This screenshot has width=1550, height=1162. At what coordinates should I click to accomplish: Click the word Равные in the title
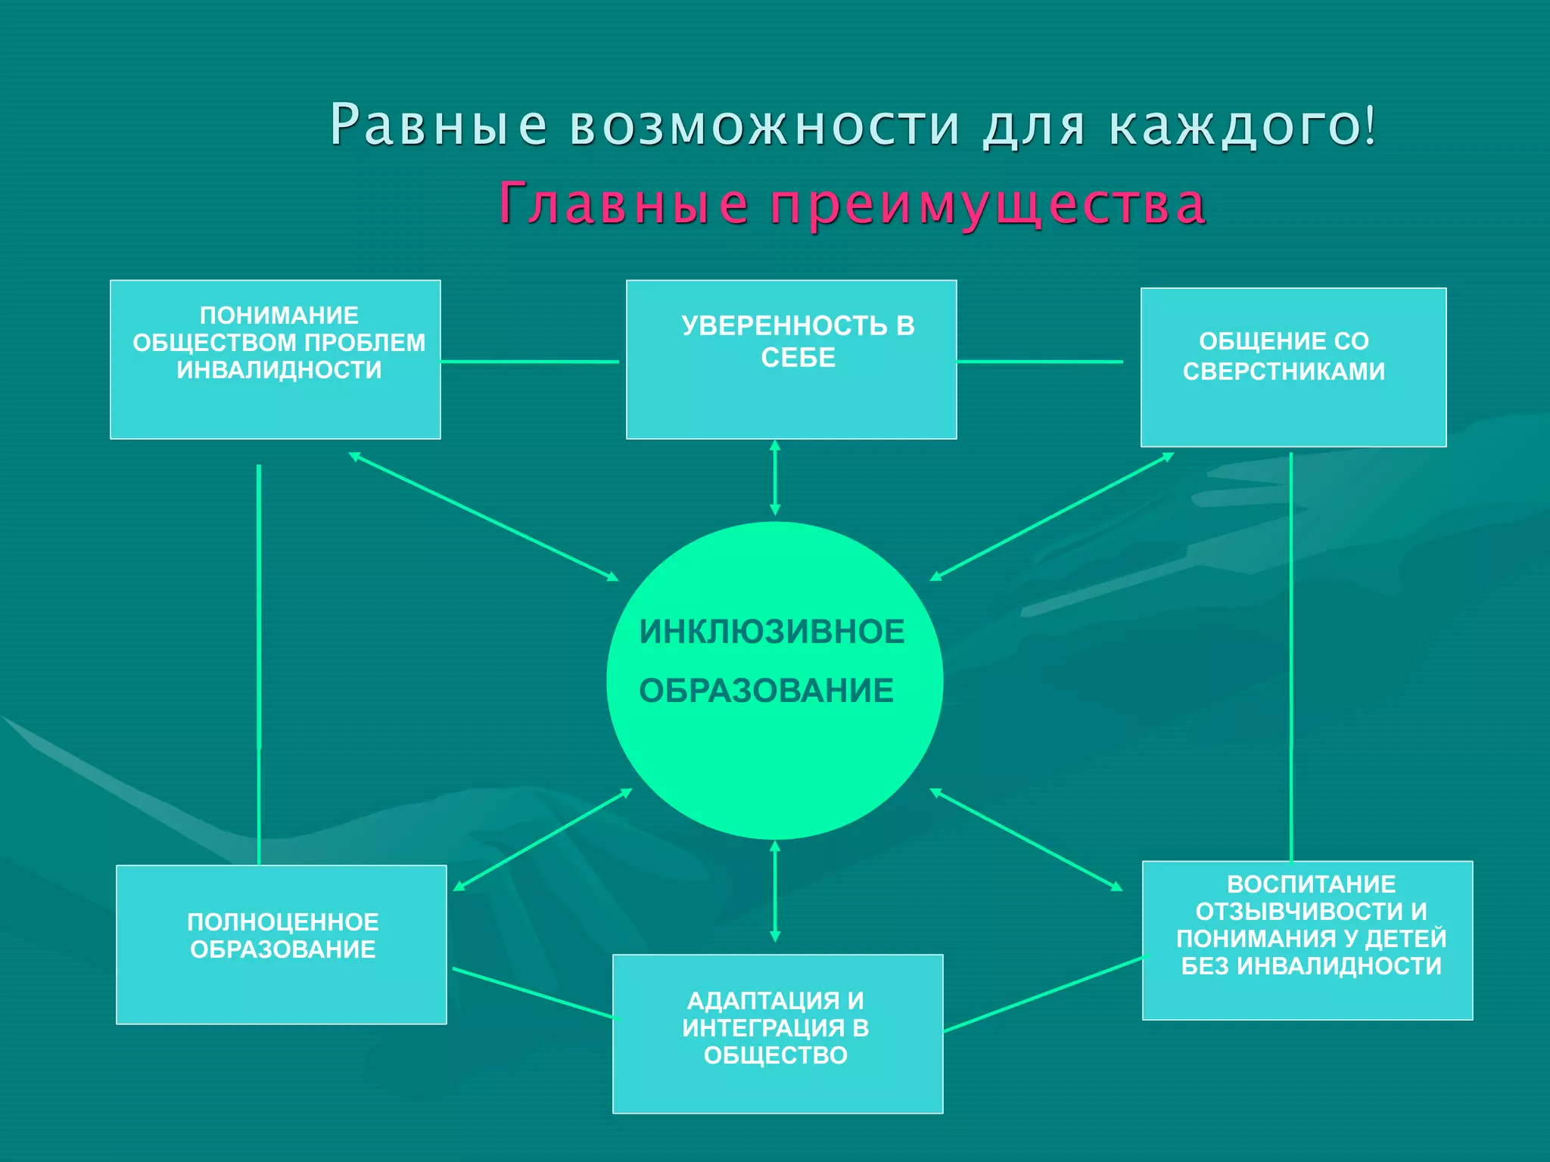(x=438, y=125)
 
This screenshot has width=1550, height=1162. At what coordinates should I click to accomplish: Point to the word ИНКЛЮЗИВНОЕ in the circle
(x=771, y=632)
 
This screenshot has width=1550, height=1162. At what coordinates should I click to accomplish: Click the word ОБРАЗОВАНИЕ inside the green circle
(x=766, y=691)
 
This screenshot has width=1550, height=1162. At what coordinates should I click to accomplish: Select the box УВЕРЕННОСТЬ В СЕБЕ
(x=791, y=359)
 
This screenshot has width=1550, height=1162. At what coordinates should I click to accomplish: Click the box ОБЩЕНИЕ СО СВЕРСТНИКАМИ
(x=1293, y=367)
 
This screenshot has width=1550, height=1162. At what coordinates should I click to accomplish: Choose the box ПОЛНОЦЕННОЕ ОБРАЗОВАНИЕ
(x=281, y=944)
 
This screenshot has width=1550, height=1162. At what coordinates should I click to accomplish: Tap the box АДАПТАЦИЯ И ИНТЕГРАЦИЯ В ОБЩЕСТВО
(x=777, y=1033)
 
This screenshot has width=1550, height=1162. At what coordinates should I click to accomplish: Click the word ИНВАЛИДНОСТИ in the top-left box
(x=279, y=370)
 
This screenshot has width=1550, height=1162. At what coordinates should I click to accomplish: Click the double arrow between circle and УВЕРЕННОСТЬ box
(x=774, y=478)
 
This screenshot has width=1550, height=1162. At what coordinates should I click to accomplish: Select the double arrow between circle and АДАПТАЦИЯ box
(x=774, y=891)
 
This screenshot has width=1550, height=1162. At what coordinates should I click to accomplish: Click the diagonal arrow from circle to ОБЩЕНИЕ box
(x=1051, y=517)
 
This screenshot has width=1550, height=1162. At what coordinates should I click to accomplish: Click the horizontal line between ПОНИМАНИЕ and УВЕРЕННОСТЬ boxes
(x=529, y=362)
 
